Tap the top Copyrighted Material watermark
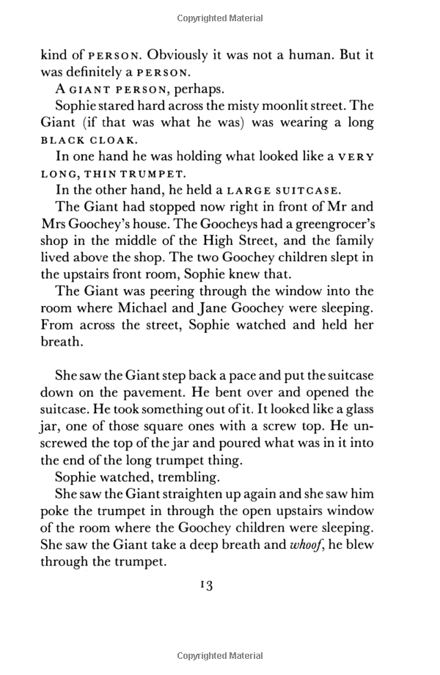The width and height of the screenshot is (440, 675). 219,15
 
